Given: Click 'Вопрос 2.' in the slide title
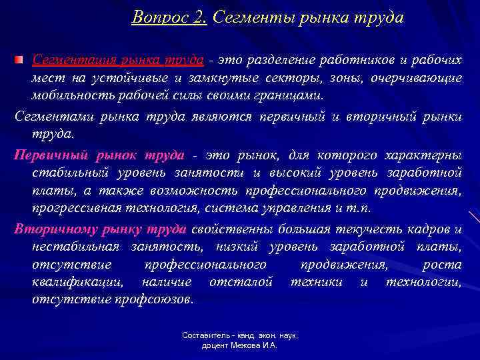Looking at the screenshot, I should [170, 17].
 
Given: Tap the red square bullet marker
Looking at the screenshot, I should [21, 61].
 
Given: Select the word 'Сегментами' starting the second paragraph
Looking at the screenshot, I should [47, 117].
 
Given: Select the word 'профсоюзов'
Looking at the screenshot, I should [157, 299].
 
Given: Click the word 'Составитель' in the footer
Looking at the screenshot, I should [204, 336].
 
